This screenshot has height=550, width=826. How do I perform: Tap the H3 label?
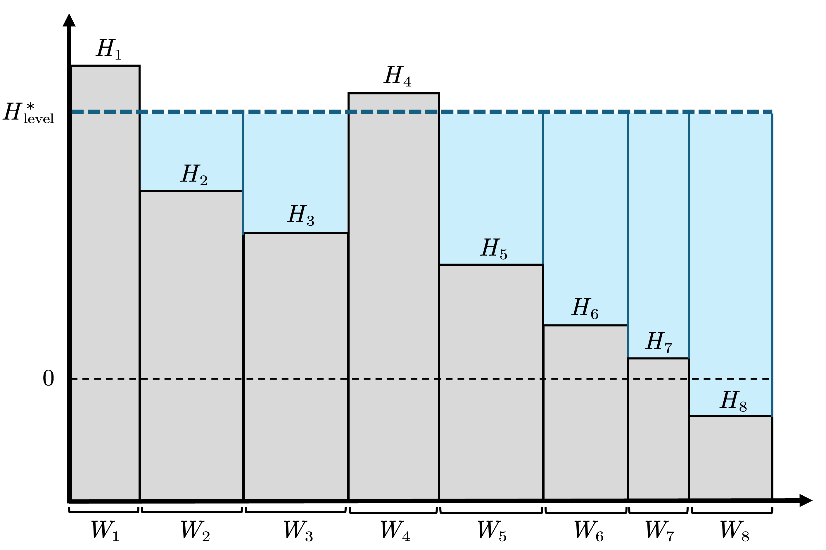300,215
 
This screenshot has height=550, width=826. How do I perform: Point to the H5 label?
493,248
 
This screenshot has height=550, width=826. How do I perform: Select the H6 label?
585,308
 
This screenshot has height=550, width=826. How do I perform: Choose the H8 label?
733,401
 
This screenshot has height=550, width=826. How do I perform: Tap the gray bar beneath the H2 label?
191,333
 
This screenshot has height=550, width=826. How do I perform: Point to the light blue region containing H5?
491,175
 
